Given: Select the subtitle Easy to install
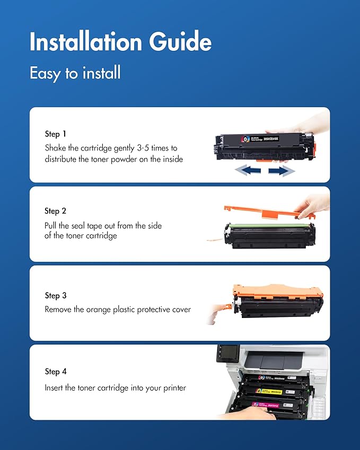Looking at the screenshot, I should click(75, 73).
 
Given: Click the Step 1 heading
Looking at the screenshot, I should click(56, 134).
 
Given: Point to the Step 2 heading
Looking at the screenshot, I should click(56, 211).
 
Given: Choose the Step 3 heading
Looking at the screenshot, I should click(56, 295).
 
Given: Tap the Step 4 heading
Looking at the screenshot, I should click(56, 372).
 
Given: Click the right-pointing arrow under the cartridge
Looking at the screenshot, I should click(281, 170).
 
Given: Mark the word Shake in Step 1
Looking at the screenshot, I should click(56, 148).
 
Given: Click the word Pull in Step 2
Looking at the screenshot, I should click(51, 225).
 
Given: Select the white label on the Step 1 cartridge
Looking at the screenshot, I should click(262, 138).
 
